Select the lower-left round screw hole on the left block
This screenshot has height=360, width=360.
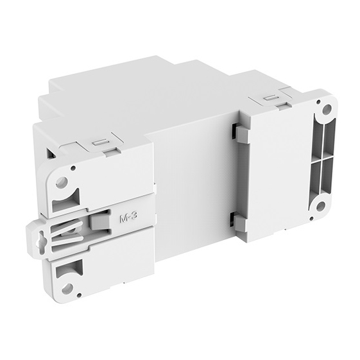coord(66,287)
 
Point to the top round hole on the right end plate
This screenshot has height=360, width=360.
coord(327,110)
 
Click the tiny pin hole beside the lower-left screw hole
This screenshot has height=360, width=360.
coord(83,264)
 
